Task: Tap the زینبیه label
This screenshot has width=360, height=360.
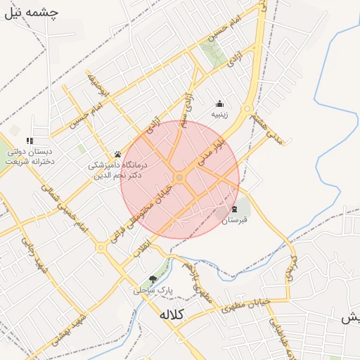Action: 220,114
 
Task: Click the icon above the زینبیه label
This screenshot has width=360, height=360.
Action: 220,103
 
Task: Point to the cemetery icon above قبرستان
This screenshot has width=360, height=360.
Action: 234,209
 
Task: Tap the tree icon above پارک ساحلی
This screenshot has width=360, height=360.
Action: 153,279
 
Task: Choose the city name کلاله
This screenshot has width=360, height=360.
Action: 171,314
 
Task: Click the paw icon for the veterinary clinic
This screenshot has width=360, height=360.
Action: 117,154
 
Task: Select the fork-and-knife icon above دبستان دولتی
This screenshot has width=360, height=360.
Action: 29,141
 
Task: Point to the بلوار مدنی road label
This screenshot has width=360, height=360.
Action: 210,153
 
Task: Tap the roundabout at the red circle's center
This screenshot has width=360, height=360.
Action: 180,179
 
